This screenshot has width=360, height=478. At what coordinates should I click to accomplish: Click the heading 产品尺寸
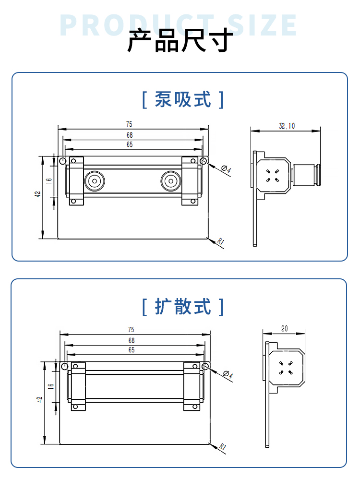point(180,41)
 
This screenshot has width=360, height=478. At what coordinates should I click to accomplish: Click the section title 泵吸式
point(183,100)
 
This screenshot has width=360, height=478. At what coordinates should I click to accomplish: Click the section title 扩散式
point(183,306)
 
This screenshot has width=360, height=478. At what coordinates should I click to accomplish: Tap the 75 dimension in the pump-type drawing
point(130,125)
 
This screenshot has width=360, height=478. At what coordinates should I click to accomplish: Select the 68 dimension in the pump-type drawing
point(130,135)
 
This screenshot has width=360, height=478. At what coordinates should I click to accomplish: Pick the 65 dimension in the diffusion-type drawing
point(131,350)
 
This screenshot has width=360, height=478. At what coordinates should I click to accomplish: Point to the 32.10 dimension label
point(287,126)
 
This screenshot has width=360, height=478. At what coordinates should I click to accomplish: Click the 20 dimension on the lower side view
point(284,329)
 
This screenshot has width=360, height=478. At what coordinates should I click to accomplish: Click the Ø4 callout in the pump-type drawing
point(227,170)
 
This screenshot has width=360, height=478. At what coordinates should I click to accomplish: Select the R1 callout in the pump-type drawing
point(221,242)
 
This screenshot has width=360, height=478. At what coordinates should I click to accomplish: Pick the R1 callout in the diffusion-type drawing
point(222,447)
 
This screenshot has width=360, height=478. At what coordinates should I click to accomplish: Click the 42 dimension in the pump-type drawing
point(37,194)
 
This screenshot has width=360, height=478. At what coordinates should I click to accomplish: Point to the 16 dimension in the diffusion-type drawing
point(50,385)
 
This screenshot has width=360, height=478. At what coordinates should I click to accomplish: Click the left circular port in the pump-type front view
point(94,181)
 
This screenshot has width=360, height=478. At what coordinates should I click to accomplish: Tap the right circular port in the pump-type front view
point(170,181)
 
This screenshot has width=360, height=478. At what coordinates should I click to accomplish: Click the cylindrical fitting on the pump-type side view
point(305,176)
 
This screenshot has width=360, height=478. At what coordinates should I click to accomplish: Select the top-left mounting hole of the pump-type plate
point(62,161)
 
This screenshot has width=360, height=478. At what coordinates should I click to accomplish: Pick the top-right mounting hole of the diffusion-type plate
point(205,367)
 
